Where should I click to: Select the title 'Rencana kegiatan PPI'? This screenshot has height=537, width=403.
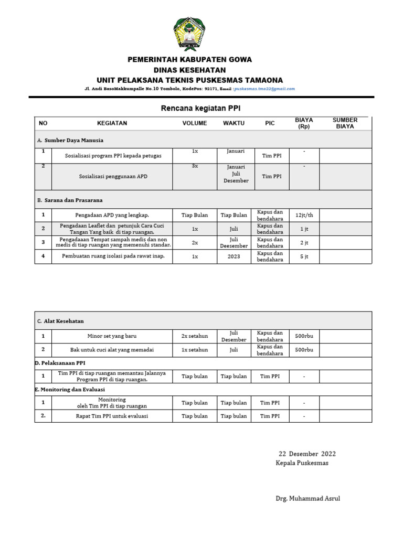pos(200,108)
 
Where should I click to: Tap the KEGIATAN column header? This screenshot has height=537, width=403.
pos(112,123)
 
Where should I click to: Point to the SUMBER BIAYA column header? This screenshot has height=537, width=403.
pos(345,123)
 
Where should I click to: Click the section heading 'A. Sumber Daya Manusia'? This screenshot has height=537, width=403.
pos(70,141)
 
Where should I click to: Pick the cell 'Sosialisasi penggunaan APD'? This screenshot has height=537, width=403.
pos(113,177)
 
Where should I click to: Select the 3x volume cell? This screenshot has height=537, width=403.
pos(195,166)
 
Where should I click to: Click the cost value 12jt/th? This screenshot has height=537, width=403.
pos(304,215)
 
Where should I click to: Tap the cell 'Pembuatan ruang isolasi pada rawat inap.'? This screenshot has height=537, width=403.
pos(113,256)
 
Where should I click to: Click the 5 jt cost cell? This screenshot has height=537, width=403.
pos(304,256)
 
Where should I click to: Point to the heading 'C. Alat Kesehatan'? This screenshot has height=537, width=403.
pos(60,321)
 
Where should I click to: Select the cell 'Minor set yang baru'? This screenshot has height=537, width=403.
pos(112,336)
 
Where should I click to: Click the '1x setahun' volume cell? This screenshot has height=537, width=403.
pos(195,350)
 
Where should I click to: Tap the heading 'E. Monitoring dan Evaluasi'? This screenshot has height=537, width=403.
pos(70,390)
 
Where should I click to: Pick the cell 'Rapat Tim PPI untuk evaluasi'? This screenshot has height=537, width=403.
pos(113,416)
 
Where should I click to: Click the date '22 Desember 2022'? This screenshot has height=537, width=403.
pos(307,454)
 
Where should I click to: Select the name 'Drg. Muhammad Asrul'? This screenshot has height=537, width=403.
pos(308,498)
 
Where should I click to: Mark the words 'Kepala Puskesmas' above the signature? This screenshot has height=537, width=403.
pos(302,463)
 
